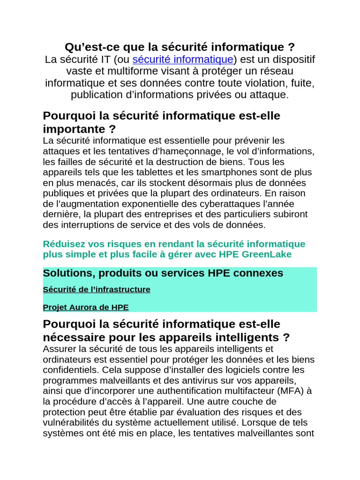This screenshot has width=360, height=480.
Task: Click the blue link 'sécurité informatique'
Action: (183, 60)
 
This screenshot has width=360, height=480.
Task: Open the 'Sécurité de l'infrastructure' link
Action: (97, 290)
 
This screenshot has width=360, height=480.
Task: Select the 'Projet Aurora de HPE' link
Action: (86, 307)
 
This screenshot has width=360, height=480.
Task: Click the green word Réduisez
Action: (63, 244)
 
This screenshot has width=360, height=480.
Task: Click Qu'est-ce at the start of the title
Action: (86, 47)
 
